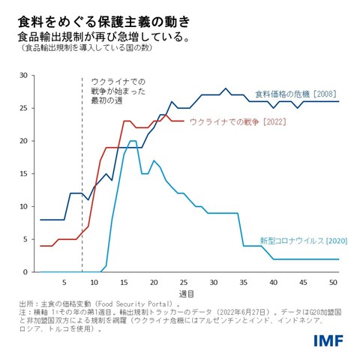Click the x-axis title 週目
point(186,292)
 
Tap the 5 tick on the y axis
point(25,239)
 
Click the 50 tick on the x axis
point(332,282)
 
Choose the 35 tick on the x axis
point(243,282)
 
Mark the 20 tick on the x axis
point(154,282)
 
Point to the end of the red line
point(183,121)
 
